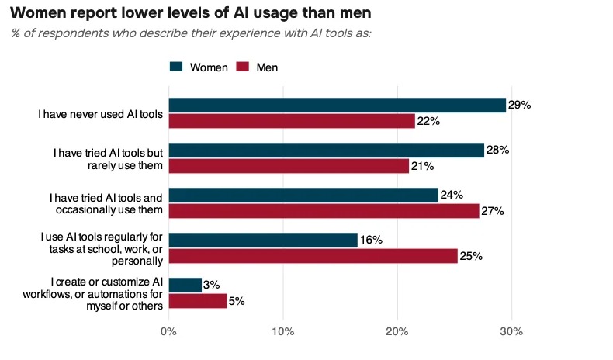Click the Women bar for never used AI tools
[338, 106]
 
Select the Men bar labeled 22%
[292, 121]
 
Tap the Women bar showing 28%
[327, 150]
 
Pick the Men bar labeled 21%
[289, 166]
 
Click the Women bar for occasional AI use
[303, 195]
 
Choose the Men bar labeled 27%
[324, 211]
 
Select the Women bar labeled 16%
[263, 240]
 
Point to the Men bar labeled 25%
[313, 256]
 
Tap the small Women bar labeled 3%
[185, 285]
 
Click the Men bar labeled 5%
[198, 301]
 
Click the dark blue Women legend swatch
[176, 67]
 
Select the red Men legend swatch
[243, 67]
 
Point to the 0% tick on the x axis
[168, 331]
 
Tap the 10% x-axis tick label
[283, 331]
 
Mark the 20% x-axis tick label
[397, 331]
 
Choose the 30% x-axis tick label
[511, 331]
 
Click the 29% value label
[520, 105]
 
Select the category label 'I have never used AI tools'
[100, 114]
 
